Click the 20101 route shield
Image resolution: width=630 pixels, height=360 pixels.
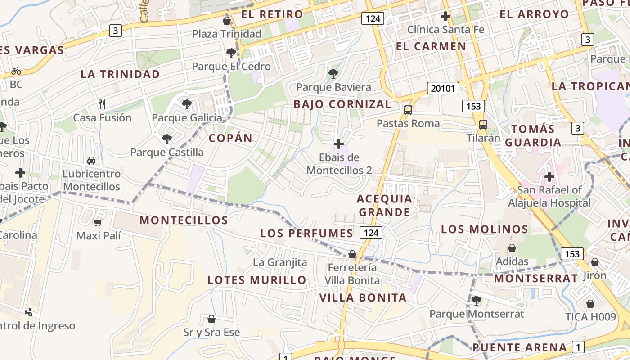443,88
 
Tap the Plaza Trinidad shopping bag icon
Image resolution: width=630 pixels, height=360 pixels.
227,21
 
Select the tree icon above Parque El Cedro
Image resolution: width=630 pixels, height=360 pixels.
231,54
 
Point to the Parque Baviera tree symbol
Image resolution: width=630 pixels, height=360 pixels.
333,74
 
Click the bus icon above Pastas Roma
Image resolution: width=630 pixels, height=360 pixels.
408,110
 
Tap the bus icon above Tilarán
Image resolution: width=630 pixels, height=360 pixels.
483,125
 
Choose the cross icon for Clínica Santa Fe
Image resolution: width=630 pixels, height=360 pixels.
445,17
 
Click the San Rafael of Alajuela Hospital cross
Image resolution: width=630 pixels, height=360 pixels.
549,177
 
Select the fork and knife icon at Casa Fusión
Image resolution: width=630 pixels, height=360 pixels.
102,104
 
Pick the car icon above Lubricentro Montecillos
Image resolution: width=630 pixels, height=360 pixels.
91,160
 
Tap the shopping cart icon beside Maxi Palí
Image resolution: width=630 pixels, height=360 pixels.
98,222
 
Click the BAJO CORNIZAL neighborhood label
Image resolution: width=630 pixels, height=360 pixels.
342,104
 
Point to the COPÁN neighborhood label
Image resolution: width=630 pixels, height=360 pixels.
231,138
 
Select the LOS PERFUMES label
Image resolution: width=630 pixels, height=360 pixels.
307,233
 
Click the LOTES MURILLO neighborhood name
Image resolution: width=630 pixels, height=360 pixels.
256,280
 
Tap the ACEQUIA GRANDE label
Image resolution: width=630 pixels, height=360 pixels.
384,205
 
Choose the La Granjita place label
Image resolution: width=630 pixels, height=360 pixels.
280,262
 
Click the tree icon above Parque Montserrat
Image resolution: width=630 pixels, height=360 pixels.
476,300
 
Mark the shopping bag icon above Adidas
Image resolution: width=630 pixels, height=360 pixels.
512,248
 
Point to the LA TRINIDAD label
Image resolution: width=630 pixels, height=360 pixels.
120,74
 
